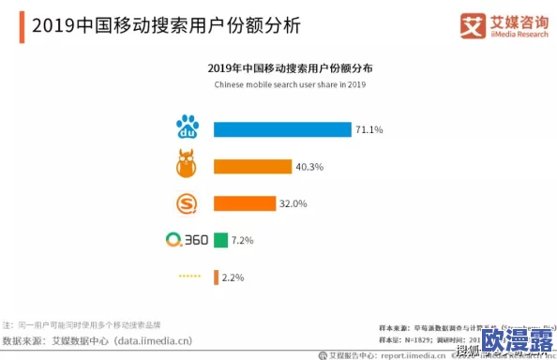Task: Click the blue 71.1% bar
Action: pyautogui.click(x=282, y=129)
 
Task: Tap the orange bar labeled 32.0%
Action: pyautogui.click(x=245, y=202)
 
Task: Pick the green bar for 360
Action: pyautogui.click(x=220, y=240)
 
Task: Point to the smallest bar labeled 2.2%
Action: pyautogui.click(x=216, y=277)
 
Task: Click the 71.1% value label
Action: pyautogui.click(x=369, y=129)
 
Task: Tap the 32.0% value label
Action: pyautogui.click(x=294, y=202)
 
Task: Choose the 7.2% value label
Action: pyautogui.click(x=243, y=240)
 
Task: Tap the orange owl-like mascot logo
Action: pyautogui.click(x=190, y=165)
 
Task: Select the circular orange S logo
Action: pyautogui.click(x=190, y=202)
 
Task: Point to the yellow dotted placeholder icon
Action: pyautogui.click(x=190, y=277)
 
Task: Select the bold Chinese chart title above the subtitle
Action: pyautogui.click(x=290, y=67)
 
